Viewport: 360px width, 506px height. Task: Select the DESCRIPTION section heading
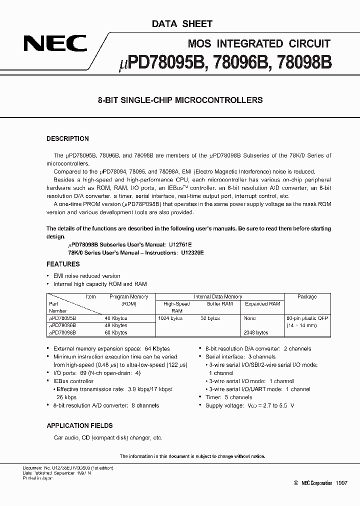pos(67,139)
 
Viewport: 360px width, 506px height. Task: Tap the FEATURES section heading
pos(63,263)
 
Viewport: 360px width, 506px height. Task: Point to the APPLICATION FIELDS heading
pos(79,425)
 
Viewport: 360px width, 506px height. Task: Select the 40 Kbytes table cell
pos(116,318)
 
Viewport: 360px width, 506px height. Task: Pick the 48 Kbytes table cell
pos(116,325)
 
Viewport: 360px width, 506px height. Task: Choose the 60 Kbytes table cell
pos(116,332)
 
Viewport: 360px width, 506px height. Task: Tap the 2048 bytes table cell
pos(256,332)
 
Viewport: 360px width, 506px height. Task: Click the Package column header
pos(307,296)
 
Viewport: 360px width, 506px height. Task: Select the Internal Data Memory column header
pos(218,296)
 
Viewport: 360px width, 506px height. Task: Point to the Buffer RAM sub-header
pos(220,303)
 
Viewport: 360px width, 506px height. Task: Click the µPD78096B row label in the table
pos(62,325)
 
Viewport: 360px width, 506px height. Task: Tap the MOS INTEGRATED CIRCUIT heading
pos(258,43)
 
